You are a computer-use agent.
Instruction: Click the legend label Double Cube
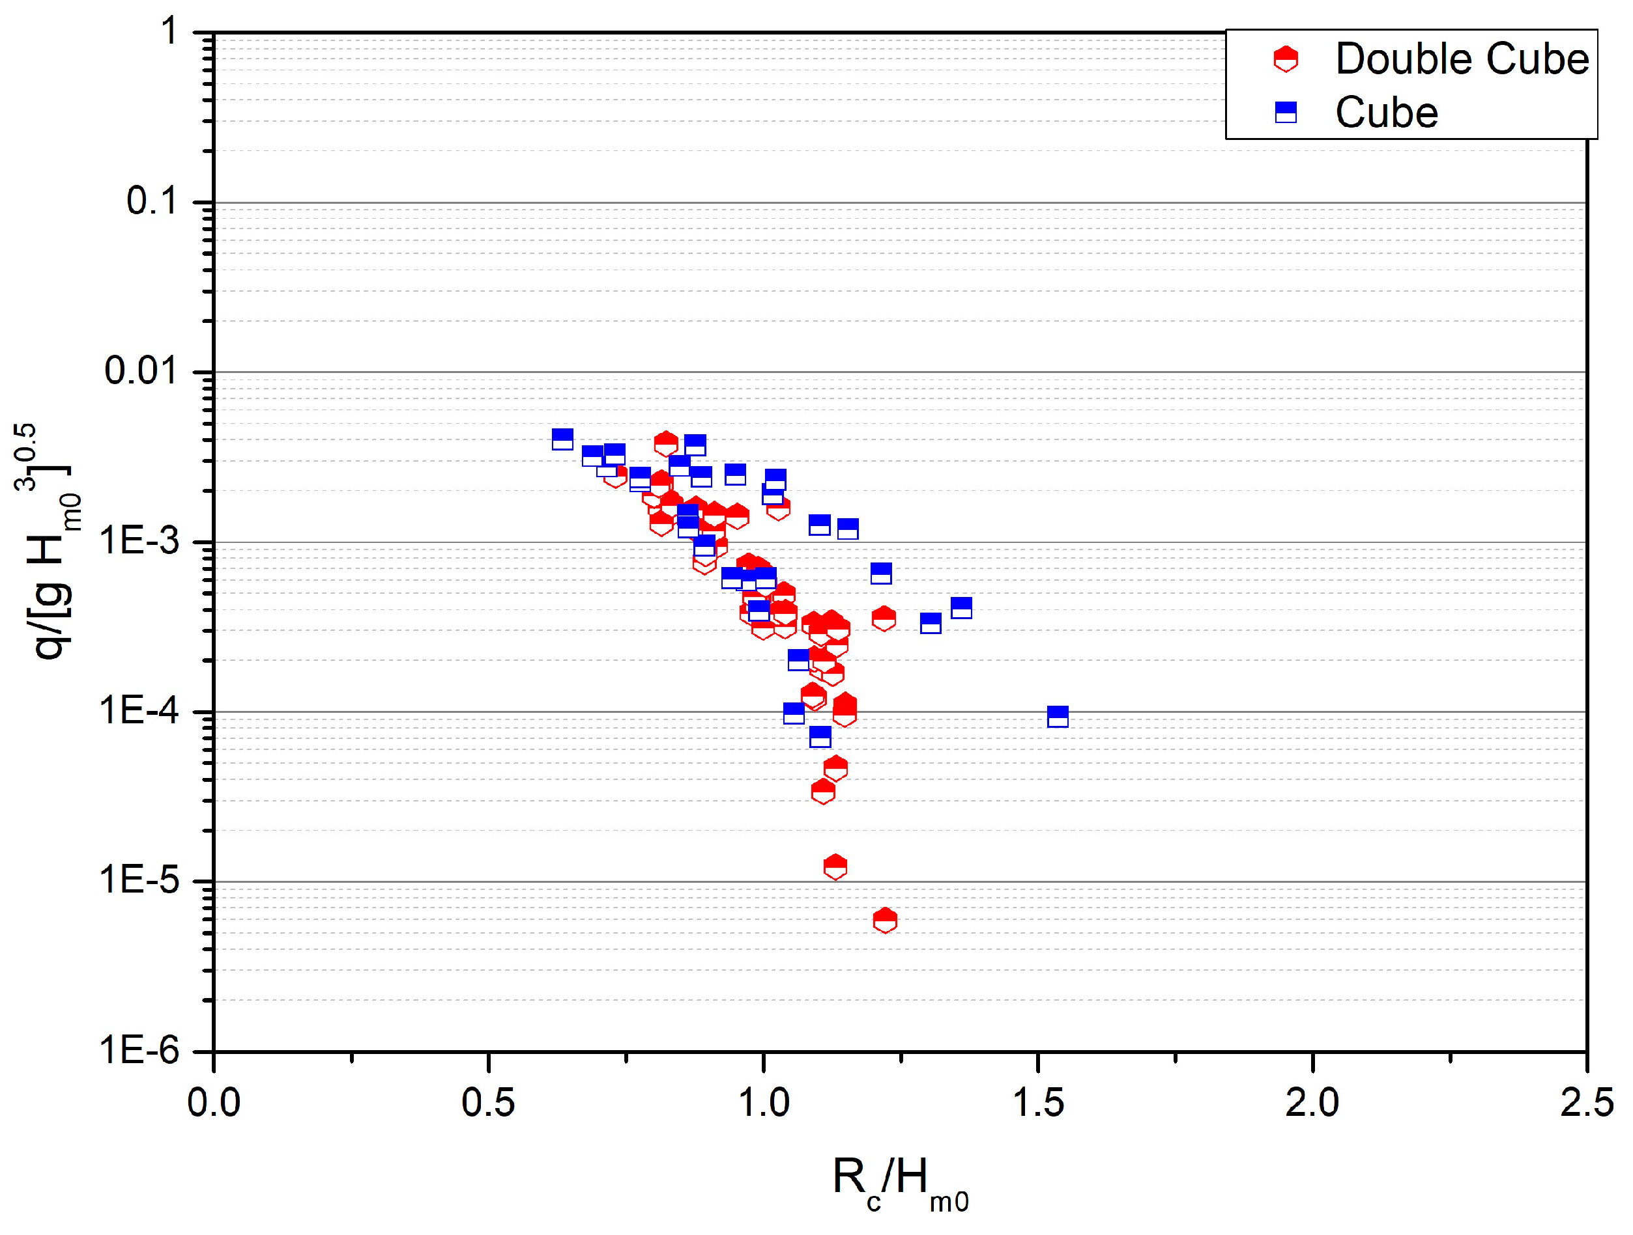coord(1461,59)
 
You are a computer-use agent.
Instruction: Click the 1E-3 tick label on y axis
coord(139,541)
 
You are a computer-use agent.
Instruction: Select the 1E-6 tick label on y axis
coord(139,1050)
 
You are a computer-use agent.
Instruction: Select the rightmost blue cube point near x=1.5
coord(1057,716)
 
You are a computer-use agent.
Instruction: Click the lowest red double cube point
coord(884,921)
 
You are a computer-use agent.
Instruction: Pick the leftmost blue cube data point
coord(562,439)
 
